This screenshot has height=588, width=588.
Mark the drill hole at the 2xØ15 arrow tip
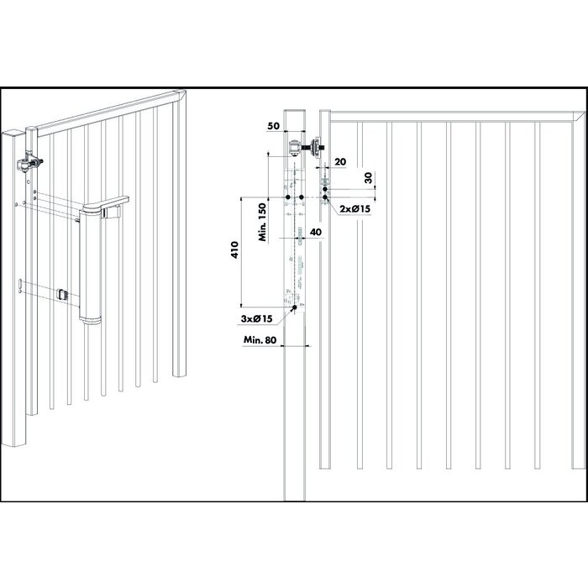[x=326, y=198]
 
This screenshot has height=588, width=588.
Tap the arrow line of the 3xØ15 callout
[x=283, y=316]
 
